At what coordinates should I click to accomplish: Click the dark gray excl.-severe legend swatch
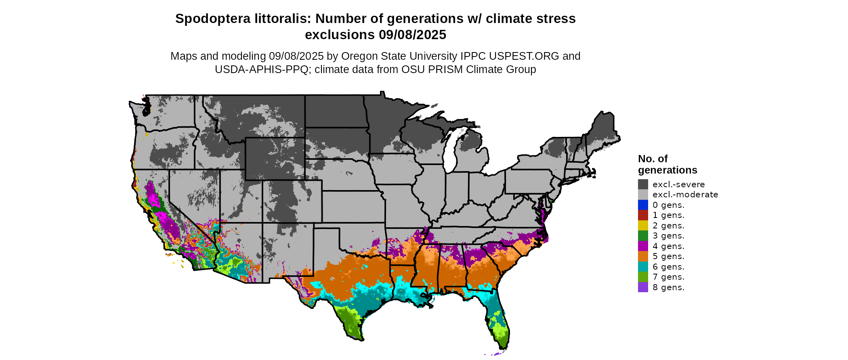point(643,184)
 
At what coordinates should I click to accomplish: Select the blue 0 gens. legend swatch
point(643,205)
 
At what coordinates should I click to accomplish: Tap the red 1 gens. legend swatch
point(643,215)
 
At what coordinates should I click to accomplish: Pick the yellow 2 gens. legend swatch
point(643,226)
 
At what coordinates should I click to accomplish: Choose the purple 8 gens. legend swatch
point(643,287)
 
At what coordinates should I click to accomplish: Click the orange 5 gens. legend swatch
point(643,256)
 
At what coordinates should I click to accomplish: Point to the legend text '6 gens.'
point(668,267)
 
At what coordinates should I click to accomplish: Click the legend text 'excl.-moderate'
point(685,195)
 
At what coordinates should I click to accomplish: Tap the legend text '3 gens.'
point(668,236)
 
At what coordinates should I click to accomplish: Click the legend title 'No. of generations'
point(667,164)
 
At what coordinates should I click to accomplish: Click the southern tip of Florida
point(503,347)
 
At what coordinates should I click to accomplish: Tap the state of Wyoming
point(275,159)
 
